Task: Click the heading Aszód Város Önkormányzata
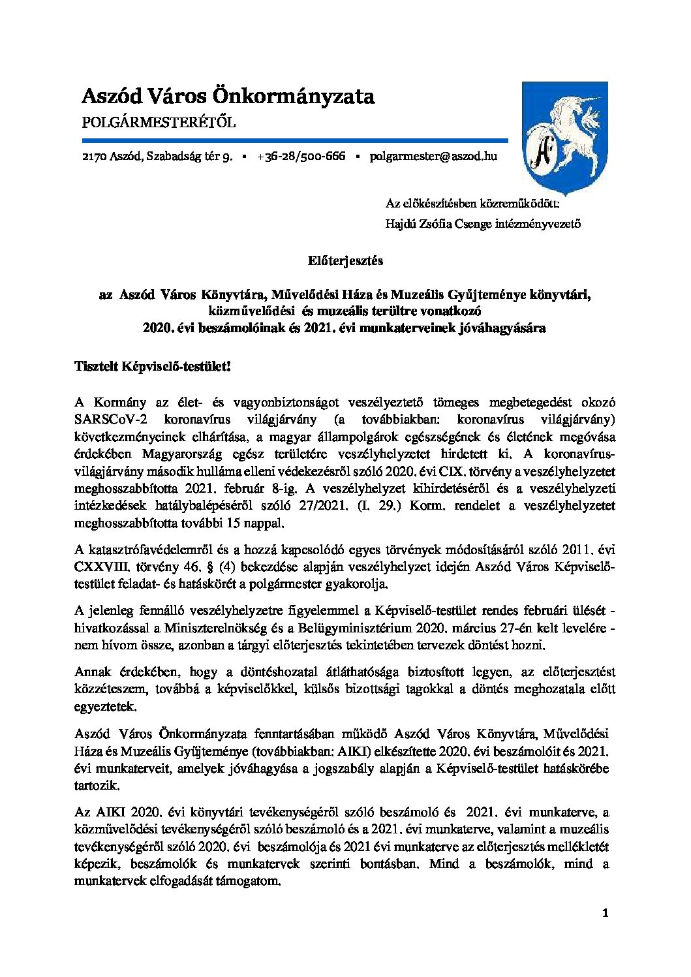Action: click(228, 97)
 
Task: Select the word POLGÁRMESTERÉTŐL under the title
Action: click(159, 123)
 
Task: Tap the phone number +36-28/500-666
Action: click(301, 157)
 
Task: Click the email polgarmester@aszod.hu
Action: click(433, 157)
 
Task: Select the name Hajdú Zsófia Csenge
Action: click(434, 224)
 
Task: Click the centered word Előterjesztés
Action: click(345, 260)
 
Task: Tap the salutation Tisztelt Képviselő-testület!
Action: click(153, 367)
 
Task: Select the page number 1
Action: click(605, 914)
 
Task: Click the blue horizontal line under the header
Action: click(294, 140)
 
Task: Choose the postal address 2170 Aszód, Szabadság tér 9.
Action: click(157, 157)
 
